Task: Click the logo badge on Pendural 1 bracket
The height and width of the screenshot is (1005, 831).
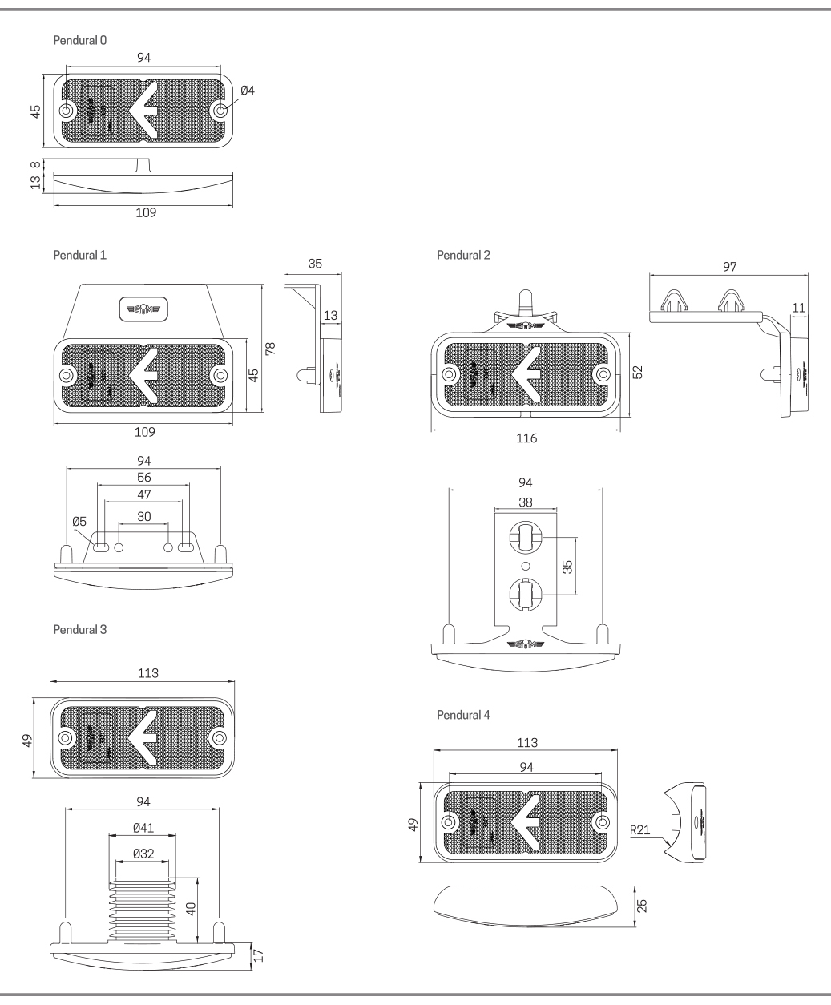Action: (144, 308)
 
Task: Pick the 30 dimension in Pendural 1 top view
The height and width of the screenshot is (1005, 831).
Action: (144, 516)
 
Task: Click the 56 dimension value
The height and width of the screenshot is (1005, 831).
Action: (144, 478)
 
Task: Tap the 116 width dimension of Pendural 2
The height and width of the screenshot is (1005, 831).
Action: (526, 438)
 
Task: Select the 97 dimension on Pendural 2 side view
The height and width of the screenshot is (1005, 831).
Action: (728, 266)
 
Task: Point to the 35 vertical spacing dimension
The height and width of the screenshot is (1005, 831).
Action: (567, 567)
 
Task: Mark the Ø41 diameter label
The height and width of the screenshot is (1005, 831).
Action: (144, 825)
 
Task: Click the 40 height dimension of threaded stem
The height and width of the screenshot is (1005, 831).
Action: (190, 909)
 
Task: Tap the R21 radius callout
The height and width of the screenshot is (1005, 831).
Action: (640, 830)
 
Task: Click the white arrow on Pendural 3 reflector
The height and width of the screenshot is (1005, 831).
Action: (144, 736)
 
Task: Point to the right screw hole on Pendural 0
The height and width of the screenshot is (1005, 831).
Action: (220, 110)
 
